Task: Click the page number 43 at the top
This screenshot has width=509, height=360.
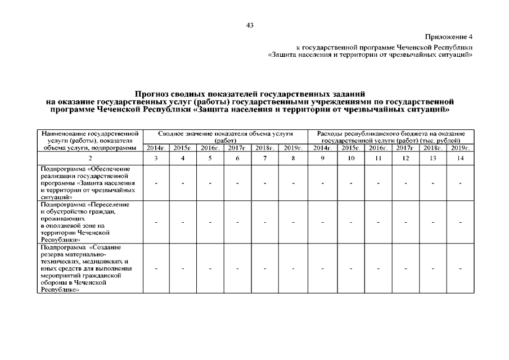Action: coord(250,25)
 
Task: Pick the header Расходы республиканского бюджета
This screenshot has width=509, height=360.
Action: coord(390,133)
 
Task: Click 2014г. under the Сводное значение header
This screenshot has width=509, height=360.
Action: coord(156,148)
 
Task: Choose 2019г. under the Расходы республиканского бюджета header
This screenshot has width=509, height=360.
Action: coord(460,148)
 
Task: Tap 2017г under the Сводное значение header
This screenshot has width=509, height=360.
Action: coord(237,148)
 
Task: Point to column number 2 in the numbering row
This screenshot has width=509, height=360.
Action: coord(90,159)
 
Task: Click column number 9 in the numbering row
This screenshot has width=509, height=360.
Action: coord(323,159)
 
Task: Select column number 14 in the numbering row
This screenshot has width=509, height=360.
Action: coord(460,159)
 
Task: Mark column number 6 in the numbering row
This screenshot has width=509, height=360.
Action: coord(237,159)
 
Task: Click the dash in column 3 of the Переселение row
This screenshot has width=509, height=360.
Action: coord(156,223)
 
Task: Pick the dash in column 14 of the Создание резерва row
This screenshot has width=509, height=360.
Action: coord(460,269)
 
